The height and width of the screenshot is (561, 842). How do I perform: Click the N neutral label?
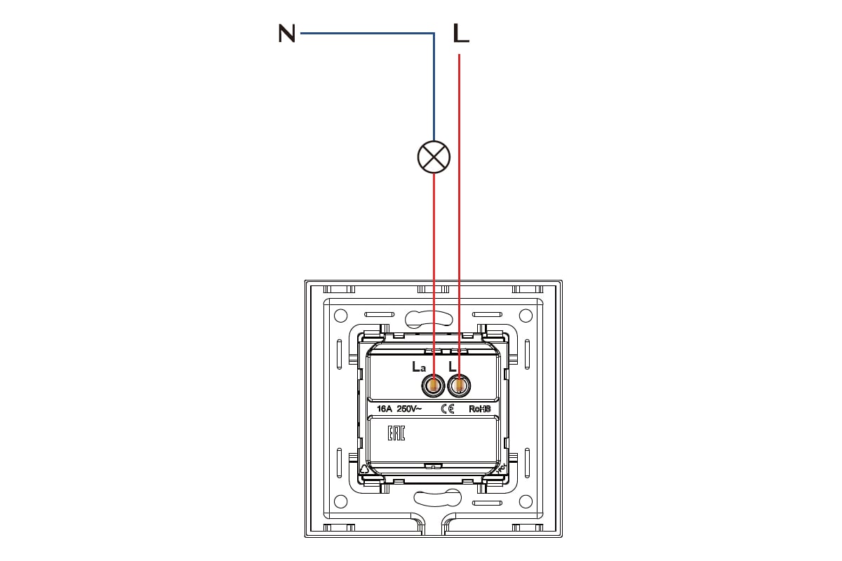coord(286,34)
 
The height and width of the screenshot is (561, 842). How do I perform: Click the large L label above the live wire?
coord(461,33)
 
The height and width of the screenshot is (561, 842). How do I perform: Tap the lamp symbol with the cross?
coord(434,157)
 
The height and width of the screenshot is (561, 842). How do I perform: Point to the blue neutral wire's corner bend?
coord(434,34)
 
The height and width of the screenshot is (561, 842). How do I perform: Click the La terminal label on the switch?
coord(419,366)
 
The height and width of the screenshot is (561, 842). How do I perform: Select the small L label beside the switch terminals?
coord(452,366)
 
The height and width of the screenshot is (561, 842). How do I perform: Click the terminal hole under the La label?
coord(434,386)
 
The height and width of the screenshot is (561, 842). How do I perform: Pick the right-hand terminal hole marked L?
coord(459,386)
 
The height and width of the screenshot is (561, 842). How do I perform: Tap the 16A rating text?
coord(385,409)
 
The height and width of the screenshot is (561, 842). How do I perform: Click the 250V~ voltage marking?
coord(409,409)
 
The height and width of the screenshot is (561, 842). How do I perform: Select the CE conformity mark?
coord(448,409)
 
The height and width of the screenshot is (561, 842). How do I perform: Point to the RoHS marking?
coord(480,409)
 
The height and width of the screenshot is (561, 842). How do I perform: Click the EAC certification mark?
coord(396,433)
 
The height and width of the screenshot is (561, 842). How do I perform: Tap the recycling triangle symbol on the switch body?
coord(364,469)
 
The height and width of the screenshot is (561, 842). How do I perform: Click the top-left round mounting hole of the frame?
coord(340,316)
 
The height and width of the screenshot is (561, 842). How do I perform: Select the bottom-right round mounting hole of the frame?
coord(526,501)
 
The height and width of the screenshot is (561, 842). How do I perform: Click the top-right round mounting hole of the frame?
coord(526,316)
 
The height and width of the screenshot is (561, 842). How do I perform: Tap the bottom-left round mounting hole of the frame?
coord(340,501)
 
